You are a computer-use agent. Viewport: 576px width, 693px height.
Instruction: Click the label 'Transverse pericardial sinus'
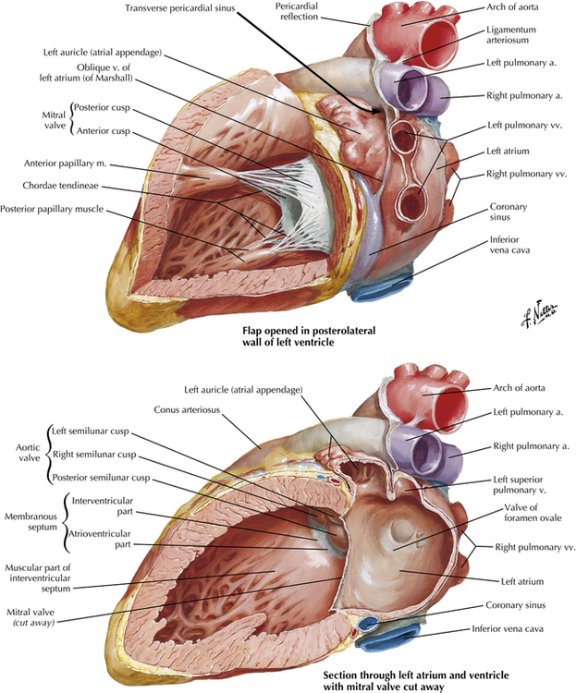tap(179, 8)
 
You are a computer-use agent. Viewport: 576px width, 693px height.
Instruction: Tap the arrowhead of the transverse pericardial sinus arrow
tap(376, 111)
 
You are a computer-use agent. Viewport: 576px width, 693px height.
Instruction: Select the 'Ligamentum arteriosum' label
tap(511, 35)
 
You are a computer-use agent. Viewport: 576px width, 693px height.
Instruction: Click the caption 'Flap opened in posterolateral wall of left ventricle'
tap(309, 336)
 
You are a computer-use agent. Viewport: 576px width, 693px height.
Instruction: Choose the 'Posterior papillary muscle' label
tap(52, 209)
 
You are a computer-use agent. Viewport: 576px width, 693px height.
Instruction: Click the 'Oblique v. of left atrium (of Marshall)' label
tap(86, 73)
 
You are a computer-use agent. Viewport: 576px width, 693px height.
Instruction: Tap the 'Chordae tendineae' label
tap(61, 186)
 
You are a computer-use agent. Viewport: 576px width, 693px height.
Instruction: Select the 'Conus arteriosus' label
tap(187, 409)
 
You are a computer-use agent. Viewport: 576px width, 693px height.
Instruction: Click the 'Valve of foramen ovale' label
tap(533, 513)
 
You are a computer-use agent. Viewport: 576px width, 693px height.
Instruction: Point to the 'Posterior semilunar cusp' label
tap(101, 478)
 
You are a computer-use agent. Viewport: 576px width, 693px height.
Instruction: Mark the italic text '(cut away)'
tap(33, 623)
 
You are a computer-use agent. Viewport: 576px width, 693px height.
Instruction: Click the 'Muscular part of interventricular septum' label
tap(38, 578)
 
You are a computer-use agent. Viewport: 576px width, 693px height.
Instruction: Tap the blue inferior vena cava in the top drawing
tap(381, 288)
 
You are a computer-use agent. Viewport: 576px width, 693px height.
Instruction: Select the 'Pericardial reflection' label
tap(297, 11)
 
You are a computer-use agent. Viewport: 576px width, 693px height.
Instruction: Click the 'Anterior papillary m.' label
tap(65, 164)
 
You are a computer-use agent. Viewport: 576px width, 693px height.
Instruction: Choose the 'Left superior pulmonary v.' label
tap(518, 485)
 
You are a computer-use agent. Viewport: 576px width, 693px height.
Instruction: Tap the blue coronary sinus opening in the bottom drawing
tap(368, 624)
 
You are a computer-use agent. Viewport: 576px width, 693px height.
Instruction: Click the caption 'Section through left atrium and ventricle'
tap(416, 675)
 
